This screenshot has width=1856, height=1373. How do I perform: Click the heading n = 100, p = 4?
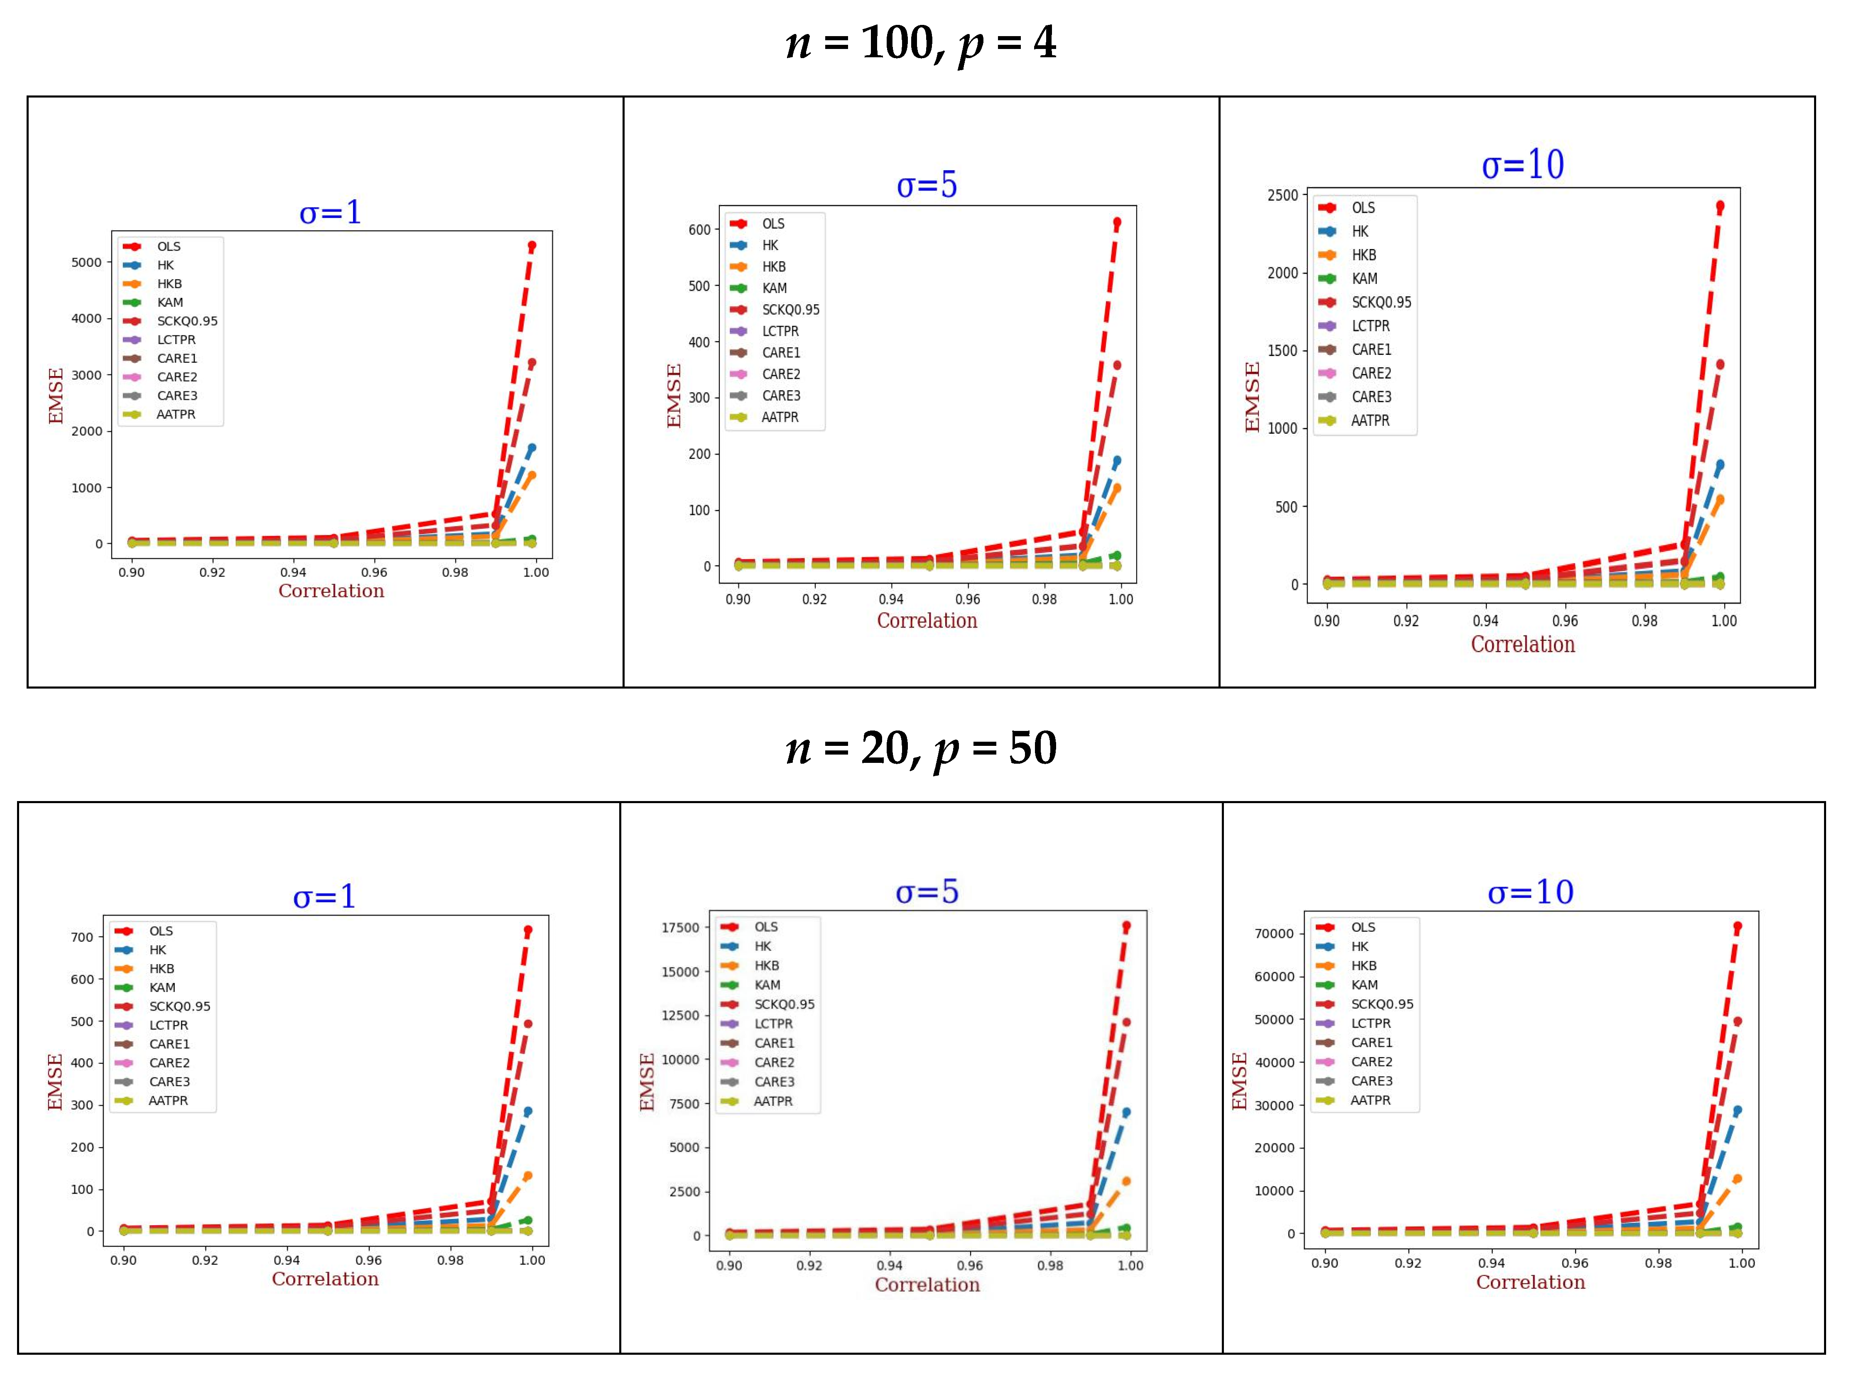pos(920,43)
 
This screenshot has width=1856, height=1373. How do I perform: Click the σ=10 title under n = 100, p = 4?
pos(1523,164)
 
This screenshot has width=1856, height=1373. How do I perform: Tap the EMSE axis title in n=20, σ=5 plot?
pos(647,1082)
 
